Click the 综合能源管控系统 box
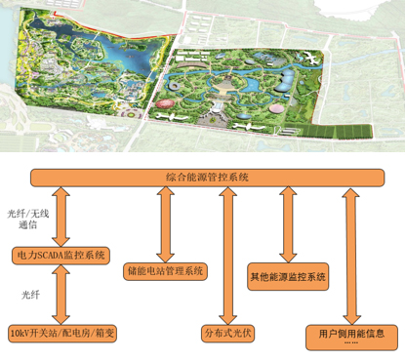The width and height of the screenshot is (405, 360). click(x=207, y=178)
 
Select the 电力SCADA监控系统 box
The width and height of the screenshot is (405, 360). click(x=61, y=256)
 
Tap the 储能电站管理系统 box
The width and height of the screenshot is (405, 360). click(x=165, y=271)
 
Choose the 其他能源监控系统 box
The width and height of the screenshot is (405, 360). click(x=288, y=277)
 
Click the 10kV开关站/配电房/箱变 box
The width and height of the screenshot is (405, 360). click(x=62, y=334)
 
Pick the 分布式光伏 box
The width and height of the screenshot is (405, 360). click(x=227, y=334)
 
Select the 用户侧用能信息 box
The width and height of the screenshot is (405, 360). click(x=351, y=338)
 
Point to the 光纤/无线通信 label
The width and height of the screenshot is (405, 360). click(x=28, y=219)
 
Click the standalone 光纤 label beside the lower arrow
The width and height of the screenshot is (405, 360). click(x=30, y=295)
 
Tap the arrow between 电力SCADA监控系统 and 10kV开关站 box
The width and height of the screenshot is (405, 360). click(x=61, y=295)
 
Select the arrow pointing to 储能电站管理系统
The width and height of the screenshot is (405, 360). click(x=165, y=224)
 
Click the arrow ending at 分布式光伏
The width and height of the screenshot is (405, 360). click(x=227, y=256)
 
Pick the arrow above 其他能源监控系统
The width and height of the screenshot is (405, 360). click(x=288, y=224)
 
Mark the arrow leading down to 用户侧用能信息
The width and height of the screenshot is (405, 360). click(x=351, y=256)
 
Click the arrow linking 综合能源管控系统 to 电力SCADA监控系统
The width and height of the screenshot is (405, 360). click(x=61, y=217)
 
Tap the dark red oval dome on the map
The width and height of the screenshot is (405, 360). click(x=165, y=103)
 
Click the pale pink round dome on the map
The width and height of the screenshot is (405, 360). click(x=277, y=109)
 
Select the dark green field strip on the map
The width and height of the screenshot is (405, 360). click(x=337, y=132)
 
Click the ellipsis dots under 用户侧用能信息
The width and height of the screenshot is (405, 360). click(x=351, y=342)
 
